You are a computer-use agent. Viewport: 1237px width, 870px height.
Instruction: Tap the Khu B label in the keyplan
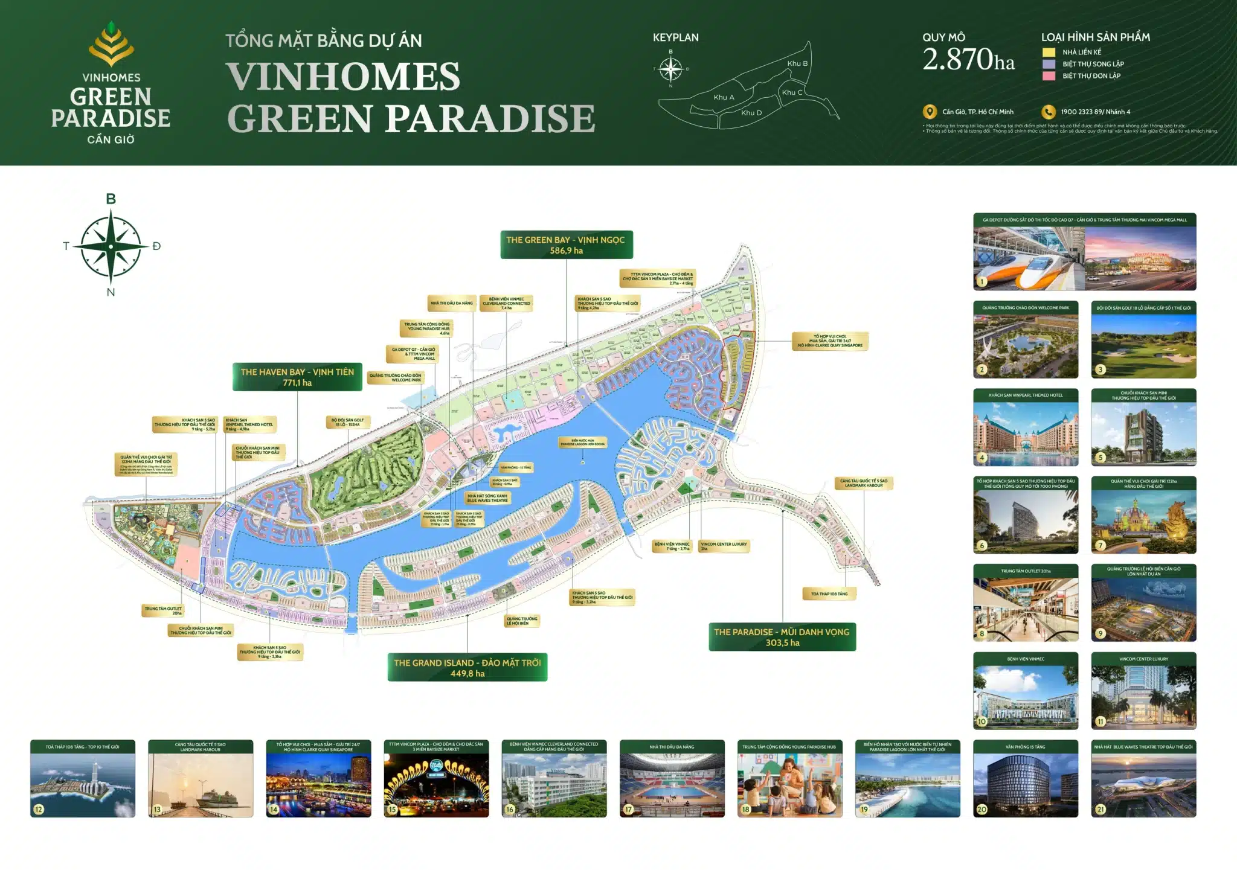pos(797,63)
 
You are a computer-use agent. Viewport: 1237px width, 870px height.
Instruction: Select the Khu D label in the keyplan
pos(751,112)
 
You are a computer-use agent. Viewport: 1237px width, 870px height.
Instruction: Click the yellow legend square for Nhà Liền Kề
pos(1049,53)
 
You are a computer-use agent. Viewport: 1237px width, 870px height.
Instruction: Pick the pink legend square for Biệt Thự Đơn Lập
pos(1049,76)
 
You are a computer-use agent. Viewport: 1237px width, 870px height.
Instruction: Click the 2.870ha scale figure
pos(968,60)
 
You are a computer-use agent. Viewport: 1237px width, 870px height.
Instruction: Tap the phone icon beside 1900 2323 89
pos(1048,112)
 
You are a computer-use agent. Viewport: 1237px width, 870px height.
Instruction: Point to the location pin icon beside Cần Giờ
pos(930,112)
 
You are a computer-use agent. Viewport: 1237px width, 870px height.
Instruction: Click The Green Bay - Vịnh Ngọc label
pos(566,245)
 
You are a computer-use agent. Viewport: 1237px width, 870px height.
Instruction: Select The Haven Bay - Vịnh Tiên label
pos(297,377)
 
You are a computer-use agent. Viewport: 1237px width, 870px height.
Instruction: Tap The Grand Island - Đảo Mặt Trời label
pos(467,667)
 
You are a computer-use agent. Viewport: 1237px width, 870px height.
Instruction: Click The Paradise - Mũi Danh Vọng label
pos(782,637)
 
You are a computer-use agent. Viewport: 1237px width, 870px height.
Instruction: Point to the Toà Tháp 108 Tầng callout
pos(829,593)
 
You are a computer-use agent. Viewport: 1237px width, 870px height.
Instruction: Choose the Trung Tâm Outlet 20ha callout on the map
pos(163,610)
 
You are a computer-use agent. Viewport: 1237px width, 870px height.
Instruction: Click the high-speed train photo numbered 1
pos(1029,257)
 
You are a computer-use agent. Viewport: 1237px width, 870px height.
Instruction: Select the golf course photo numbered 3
pos(1143,345)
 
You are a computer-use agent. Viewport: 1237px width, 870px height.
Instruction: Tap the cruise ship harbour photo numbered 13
pos(201,784)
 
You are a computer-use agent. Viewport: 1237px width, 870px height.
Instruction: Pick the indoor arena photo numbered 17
pos(672,784)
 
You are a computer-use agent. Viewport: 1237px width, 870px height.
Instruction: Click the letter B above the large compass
pos(111,199)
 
